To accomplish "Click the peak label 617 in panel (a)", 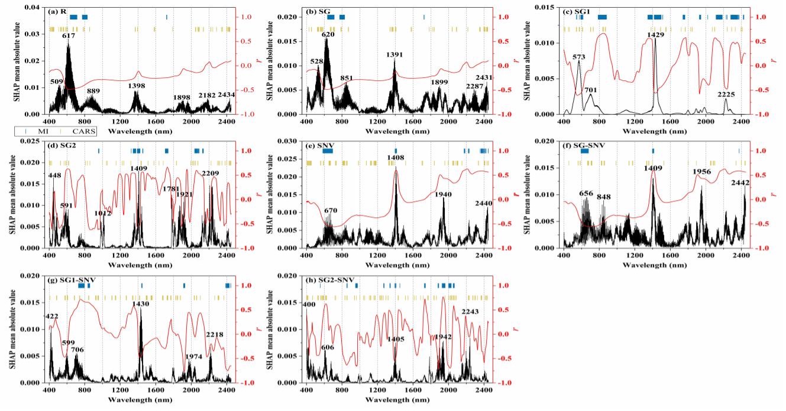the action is pyautogui.click(x=69, y=36).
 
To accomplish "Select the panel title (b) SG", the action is pyautogui.click(x=318, y=12).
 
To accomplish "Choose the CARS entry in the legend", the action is pyautogui.click(x=78, y=132).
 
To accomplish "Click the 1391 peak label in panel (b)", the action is pyautogui.click(x=394, y=55).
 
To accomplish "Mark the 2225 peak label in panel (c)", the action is pyautogui.click(x=726, y=94).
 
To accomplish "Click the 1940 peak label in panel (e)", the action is pyautogui.click(x=443, y=194).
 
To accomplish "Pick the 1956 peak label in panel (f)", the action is pyautogui.click(x=702, y=172).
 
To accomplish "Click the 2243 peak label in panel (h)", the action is pyautogui.click(x=470, y=311).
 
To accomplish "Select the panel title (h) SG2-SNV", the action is pyautogui.click(x=330, y=280).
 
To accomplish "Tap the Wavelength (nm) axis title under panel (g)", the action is pyautogui.click(x=140, y=400).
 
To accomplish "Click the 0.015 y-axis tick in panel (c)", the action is pyautogui.click(x=546, y=7).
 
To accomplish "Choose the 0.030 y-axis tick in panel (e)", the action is pyautogui.click(x=289, y=141).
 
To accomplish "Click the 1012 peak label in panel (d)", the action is pyautogui.click(x=103, y=213).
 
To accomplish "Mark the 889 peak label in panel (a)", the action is pyautogui.click(x=93, y=91).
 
